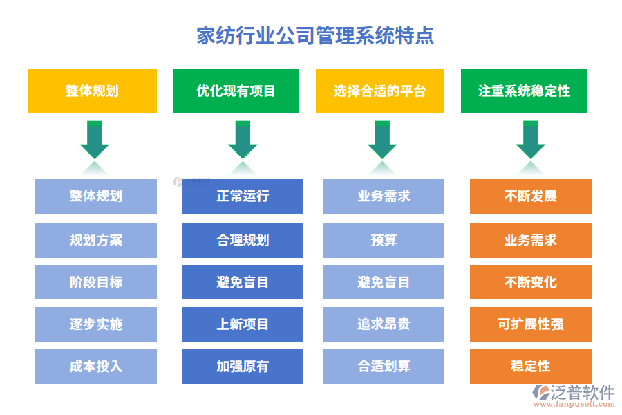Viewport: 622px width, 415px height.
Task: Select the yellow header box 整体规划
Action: point(92,91)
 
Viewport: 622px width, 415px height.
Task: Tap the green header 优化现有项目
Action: point(236,91)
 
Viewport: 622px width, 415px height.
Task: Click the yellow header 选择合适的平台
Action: point(379,91)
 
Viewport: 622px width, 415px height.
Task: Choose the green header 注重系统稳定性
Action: point(523,91)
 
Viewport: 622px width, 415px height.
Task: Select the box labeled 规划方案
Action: point(96,240)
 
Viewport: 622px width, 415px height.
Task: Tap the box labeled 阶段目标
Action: point(96,282)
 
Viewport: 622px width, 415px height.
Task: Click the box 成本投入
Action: point(96,367)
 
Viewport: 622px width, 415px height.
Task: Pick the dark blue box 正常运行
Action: point(243,196)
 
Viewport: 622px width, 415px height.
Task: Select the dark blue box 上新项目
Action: point(243,324)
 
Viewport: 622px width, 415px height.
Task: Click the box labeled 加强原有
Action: point(243,367)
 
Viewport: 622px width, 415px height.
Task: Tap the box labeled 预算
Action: point(384,240)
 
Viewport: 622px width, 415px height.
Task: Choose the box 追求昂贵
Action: point(384,324)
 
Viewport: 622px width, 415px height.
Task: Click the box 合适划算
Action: point(384,367)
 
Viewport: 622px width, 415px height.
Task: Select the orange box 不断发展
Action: point(530,196)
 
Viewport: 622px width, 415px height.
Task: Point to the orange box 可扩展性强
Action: point(530,324)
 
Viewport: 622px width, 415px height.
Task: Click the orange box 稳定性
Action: point(530,367)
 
